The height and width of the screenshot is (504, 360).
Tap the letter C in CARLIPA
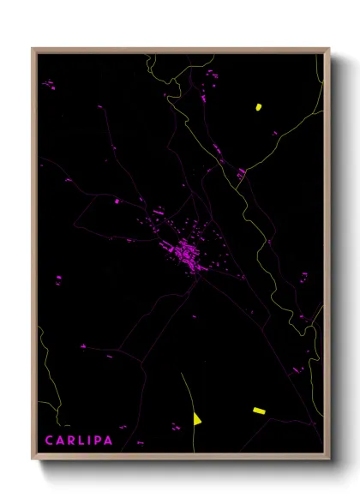(x=50, y=441)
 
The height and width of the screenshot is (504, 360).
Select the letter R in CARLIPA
(x=74, y=441)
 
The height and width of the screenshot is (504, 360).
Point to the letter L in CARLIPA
(x=85, y=441)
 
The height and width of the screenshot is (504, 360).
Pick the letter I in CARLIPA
(x=93, y=441)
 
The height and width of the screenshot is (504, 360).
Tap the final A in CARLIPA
(x=115, y=441)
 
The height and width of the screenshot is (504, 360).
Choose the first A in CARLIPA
(x=62, y=441)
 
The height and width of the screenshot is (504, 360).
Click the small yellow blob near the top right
(x=257, y=107)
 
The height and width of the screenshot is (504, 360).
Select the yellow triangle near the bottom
(x=197, y=418)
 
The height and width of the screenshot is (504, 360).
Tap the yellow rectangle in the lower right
(x=259, y=411)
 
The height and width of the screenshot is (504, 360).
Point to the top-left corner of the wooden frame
(x=33, y=50)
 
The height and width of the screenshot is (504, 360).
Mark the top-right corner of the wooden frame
(x=328, y=50)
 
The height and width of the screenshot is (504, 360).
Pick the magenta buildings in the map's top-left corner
(x=49, y=85)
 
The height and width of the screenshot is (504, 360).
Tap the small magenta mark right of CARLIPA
(x=140, y=442)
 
